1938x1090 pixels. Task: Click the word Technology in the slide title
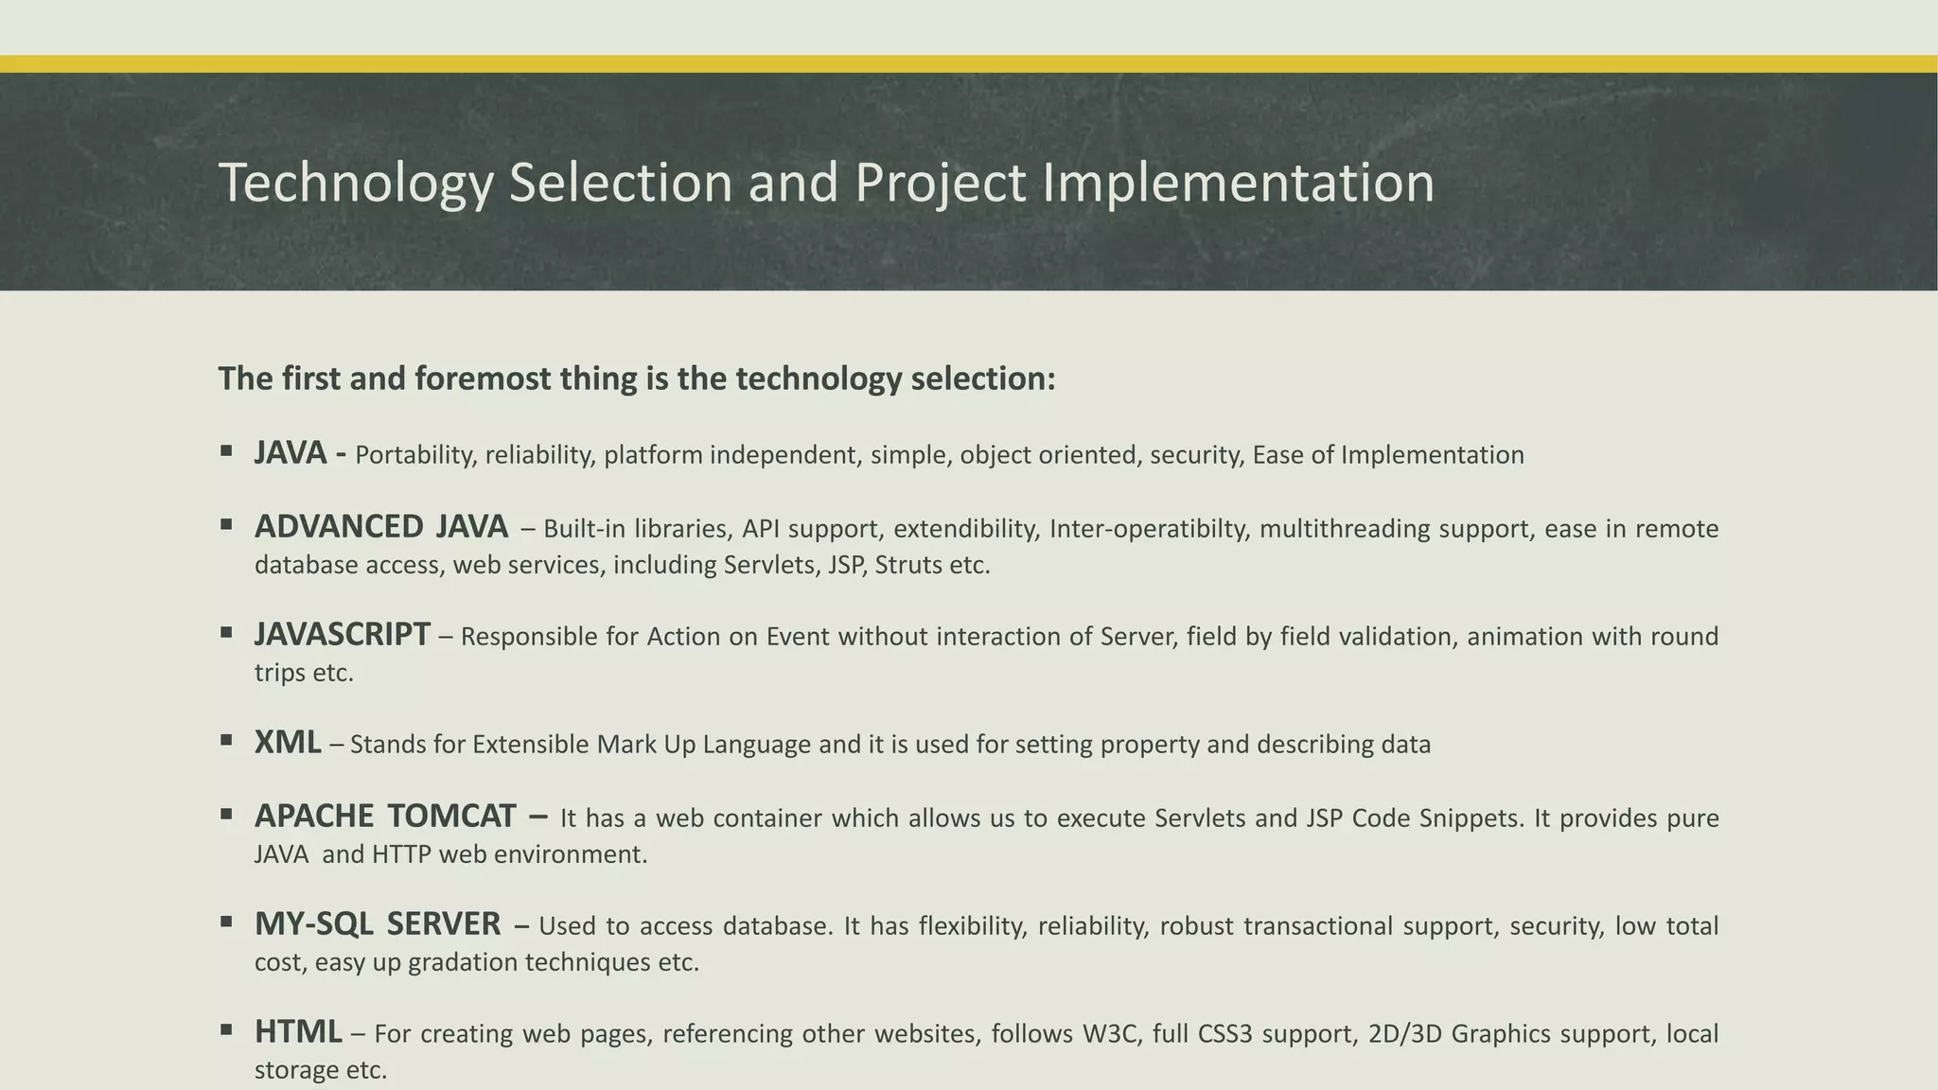coord(356,184)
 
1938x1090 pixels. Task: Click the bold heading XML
coord(287,743)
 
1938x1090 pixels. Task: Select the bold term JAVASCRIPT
coord(342,635)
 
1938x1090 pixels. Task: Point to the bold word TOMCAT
coord(451,816)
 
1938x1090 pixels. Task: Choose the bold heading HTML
coord(298,1032)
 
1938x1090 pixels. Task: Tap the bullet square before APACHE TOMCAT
coord(226,813)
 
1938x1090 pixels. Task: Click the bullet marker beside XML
coord(226,740)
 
